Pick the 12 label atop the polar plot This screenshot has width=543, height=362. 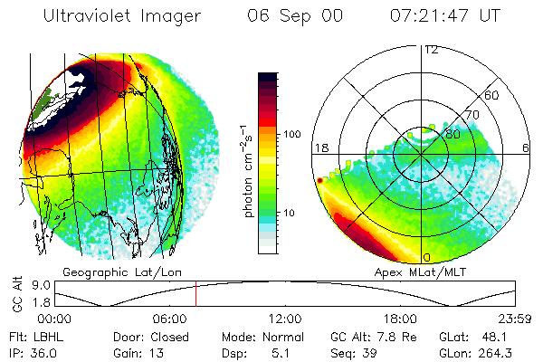pos(431,49)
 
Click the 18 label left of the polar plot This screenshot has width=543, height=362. pos(319,148)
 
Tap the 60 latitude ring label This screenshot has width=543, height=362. pos(492,94)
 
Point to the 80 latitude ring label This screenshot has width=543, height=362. pos(452,134)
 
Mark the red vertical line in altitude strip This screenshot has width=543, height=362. pos(195,296)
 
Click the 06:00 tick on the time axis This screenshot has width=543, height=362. pos(169,319)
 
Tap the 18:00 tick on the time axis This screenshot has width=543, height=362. pos(400,319)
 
